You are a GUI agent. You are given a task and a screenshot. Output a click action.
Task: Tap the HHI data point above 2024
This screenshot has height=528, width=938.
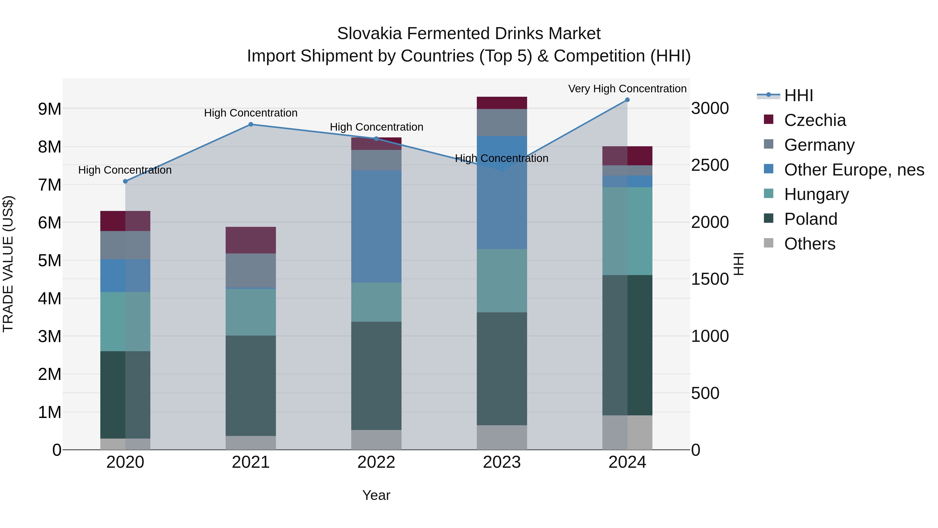tap(627, 100)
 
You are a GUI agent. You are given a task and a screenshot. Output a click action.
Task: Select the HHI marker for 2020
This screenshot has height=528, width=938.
tap(125, 181)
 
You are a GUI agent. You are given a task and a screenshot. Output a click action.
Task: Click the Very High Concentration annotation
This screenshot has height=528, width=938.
tap(627, 89)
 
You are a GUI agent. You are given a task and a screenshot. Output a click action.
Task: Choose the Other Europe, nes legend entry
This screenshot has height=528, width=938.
tap(854, 170)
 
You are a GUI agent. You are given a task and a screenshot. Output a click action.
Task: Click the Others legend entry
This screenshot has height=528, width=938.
tap(810, 244)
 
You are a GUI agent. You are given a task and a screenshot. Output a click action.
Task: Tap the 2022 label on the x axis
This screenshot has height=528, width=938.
tap(376, 462)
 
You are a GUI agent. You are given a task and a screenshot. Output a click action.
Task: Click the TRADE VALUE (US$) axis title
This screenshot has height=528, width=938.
tap(8, 264)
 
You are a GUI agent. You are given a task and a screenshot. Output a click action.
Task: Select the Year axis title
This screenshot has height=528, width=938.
tap(376, 495)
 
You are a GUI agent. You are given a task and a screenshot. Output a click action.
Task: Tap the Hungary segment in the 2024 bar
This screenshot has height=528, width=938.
tap(627, 231)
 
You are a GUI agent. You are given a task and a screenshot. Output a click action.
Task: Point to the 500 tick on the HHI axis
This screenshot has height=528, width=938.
tap(705, 393)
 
